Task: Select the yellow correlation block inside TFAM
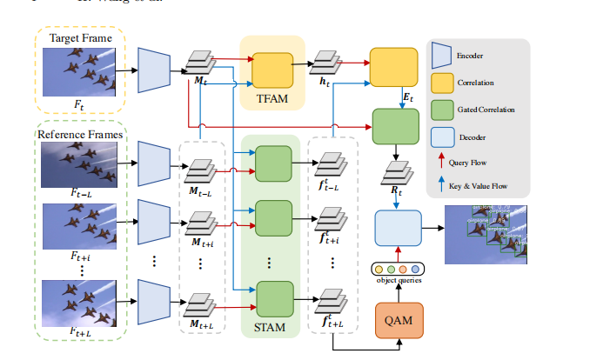[273, 69]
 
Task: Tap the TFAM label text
[272, 98]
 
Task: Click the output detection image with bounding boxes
[487, 234]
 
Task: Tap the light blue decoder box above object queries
[399, 228]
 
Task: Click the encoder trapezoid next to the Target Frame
[153, 68]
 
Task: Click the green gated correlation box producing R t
[396, 126]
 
